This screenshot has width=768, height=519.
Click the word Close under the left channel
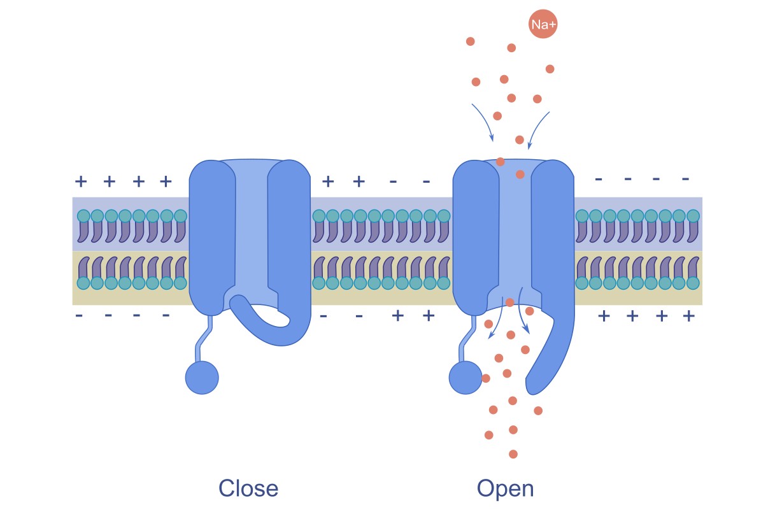[x=248, y=488]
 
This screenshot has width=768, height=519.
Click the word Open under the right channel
[x=505, y=488]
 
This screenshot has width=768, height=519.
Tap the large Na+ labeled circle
[x=543, y=25]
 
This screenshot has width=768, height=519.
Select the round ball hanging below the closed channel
[x=202, y=377]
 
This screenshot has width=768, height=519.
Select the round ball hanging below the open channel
[x=466, y=377]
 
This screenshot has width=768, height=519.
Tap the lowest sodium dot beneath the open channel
[x=513, y=454]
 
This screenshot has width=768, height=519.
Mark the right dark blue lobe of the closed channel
[x=290, y=236]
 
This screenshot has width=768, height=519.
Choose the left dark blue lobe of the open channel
[x=475, y=236]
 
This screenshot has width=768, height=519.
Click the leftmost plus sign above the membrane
[x=81, y=181]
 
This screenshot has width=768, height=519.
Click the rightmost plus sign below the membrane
[x=688, y=316]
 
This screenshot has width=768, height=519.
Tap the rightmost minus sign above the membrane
[x=685, y=179]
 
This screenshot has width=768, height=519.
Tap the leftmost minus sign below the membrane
[x=79, y=315]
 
